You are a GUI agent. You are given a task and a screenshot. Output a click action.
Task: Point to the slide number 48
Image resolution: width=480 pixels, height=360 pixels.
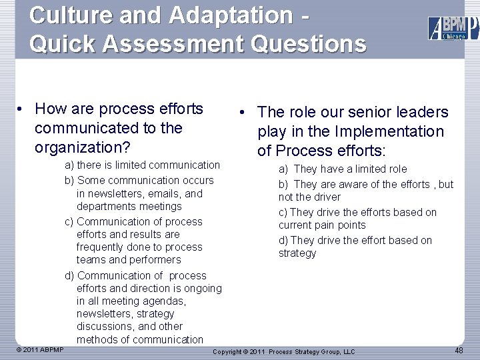click(459, 351)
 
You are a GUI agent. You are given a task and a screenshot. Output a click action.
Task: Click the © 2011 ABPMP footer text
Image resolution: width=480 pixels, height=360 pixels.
click(40, 349)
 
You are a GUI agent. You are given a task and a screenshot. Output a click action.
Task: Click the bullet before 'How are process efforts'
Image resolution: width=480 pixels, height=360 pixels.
click(22, 109)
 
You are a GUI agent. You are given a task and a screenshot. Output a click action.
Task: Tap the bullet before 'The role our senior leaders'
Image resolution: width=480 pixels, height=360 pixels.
click(245, 113)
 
